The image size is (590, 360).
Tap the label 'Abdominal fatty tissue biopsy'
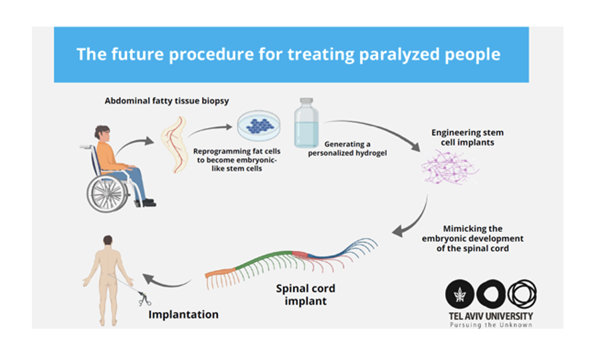(167, 101)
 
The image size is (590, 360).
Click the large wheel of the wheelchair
(107, 194)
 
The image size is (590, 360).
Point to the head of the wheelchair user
(102, 133)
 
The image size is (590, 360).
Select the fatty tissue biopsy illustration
(174, 144)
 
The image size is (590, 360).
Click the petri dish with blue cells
(259, 126)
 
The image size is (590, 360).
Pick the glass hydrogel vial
(306, 123)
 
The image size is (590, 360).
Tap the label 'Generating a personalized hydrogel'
(347, 149)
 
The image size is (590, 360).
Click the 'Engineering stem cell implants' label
(467, 137)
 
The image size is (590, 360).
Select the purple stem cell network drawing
(448, 167)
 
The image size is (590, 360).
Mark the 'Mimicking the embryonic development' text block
(472, 238)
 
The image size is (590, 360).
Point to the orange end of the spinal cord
(220, 274)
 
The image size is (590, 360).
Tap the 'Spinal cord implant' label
(306, 294)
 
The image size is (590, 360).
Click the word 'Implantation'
(183, 314)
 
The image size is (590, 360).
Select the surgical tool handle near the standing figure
(144, 298)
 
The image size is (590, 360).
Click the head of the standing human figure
(108, 240)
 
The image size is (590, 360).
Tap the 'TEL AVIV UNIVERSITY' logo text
(491, 316)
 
